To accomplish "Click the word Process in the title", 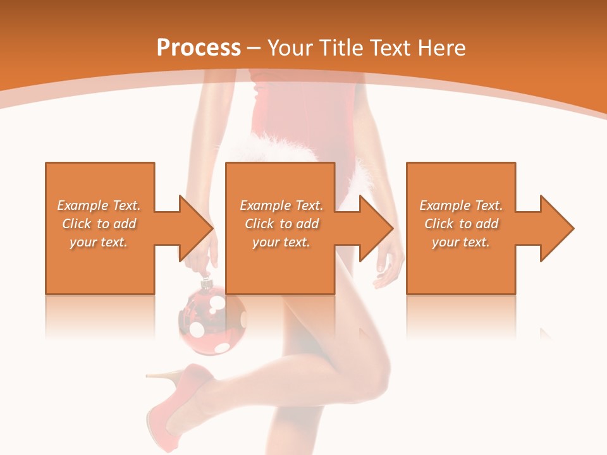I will [x=199, y=47].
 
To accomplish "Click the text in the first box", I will [x=99, y=224].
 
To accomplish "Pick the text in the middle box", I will [x=281, y=224].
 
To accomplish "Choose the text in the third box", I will [x=461, y=224].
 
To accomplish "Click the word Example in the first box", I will [x=83, y=205].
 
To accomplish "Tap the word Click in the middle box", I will [x=257, y=224].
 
